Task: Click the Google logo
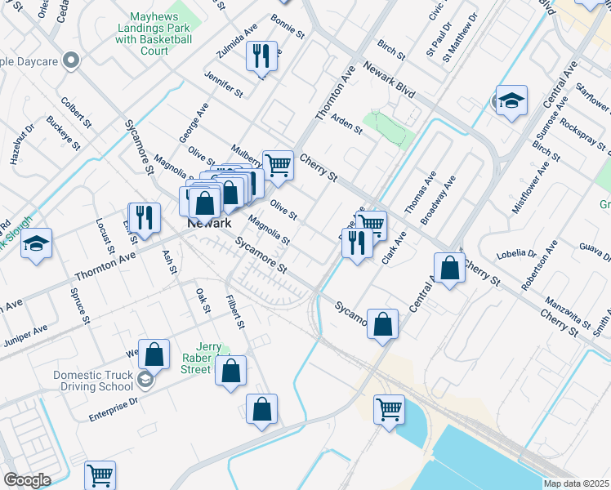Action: [27, 480]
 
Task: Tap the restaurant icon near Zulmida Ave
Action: [261, 56]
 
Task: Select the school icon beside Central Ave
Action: [511, 100]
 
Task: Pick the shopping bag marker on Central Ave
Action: [450, 268]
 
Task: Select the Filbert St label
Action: [236, 313]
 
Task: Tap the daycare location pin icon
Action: [71, 60]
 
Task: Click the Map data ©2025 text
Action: [575, 483]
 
